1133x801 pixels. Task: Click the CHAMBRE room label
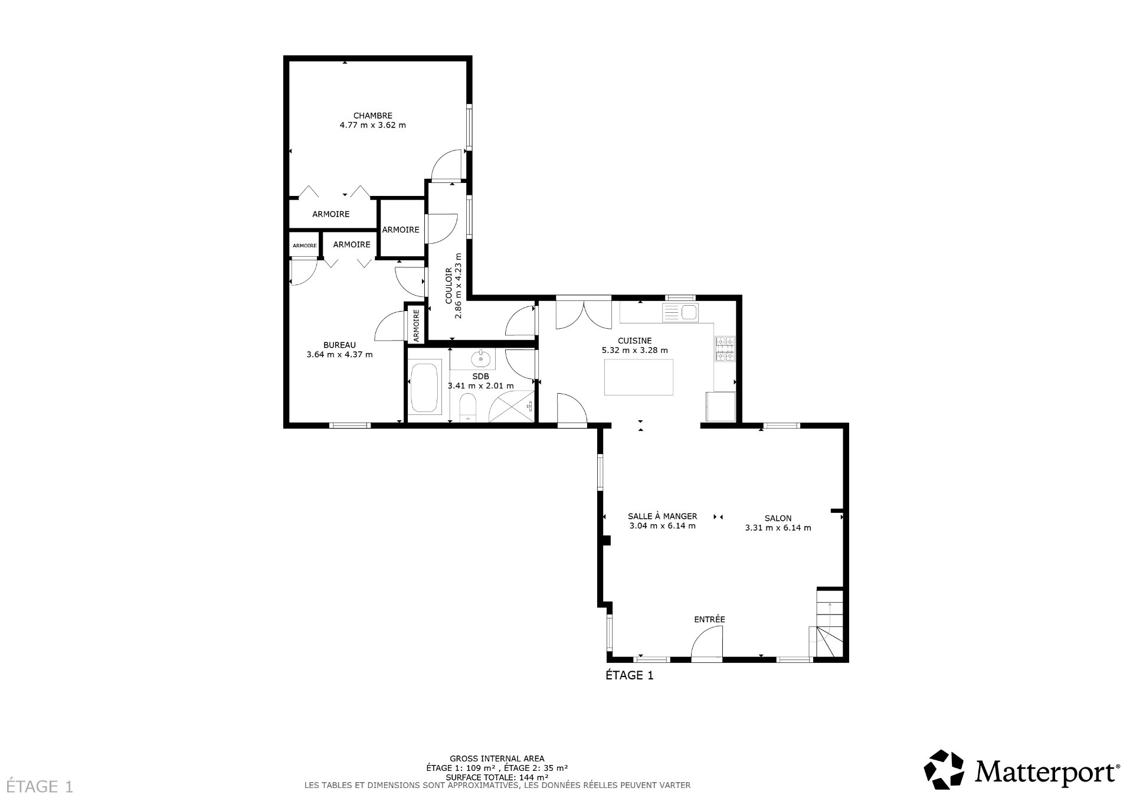click(x=372, y=116)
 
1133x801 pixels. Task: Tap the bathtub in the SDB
click(x=424, y=388)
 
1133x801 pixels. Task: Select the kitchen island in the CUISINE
click(x=638, y=377)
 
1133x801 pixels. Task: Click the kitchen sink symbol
click(x=680, y=312)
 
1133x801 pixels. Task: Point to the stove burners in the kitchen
click(x=725, y=348)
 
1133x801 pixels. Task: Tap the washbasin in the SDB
click(x=481, y=358)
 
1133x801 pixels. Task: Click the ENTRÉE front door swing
click(x=707, y=645)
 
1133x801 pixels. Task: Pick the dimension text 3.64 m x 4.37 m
click(x=339, y=355)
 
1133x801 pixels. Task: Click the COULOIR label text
click(x=448, y=286)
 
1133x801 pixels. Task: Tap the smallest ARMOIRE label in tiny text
click(x=304, y=246)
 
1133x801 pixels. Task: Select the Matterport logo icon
click(x=944, y=769)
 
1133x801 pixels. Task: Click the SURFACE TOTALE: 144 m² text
click(x=497, y=777)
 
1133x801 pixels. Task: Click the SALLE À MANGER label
click(x=662, y=516)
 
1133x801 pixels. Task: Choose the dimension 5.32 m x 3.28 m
click(x=634, y=350)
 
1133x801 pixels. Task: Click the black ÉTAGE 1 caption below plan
click(x=630, y=675)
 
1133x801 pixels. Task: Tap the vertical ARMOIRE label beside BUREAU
click(x=415, y=325)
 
